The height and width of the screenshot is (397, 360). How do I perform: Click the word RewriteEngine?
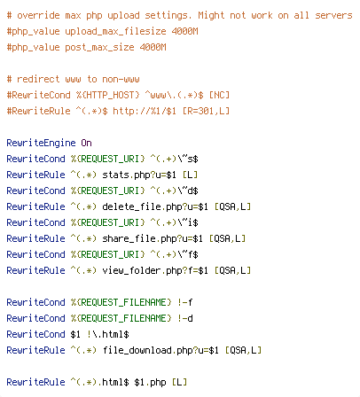pos(41,144)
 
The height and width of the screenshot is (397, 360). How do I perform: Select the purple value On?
pos(86,143)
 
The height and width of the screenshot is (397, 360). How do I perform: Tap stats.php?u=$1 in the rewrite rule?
pos(139,175)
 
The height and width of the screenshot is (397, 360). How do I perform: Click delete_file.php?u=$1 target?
pos(155,206)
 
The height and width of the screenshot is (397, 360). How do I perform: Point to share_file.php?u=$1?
pos(153,238)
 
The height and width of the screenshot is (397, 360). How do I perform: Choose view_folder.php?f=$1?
pos(155,270)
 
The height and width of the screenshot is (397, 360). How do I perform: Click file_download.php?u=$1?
pos(160,350)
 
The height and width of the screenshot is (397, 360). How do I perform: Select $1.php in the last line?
pos(150,382)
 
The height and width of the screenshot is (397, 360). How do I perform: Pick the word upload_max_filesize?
pos(115,31)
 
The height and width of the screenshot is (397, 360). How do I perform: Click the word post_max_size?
pos(99,47)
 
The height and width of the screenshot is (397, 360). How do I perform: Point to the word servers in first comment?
pos(333,15)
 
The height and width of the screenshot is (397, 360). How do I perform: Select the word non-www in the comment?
pos(121,80)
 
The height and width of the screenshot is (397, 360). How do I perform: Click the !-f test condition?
pos(185,302)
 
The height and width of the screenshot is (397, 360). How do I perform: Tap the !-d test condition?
pos(185,318)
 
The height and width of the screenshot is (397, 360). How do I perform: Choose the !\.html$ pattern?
pos(108,334)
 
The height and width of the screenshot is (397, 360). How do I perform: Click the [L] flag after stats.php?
pos(190,175)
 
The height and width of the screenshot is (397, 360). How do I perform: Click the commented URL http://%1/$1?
pos(145,111)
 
